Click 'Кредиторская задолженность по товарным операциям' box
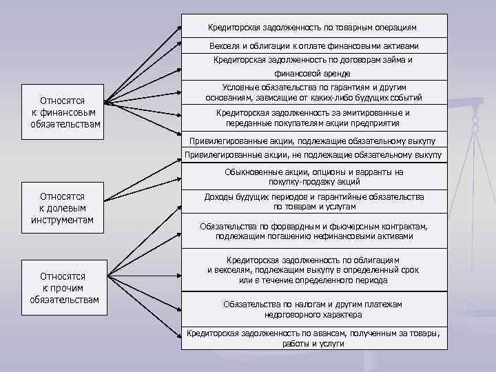[x=314, y=28]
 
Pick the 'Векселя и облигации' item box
[x=314, y=45]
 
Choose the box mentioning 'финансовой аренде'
[x=314, y=66]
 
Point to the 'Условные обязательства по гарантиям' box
[x=314, y=93]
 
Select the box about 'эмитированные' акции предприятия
[x=314, y=118]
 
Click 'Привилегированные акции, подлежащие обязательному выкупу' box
[x=314, y=140]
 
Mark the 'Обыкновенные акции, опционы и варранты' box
[x=314, y=176]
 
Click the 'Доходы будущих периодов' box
[x=314, y=201]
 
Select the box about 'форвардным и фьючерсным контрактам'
[x=314, y=231]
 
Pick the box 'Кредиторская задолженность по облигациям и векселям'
[x=314, y=270]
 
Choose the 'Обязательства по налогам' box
[x=314, y=309]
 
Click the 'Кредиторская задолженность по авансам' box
[x=314, y=338]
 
